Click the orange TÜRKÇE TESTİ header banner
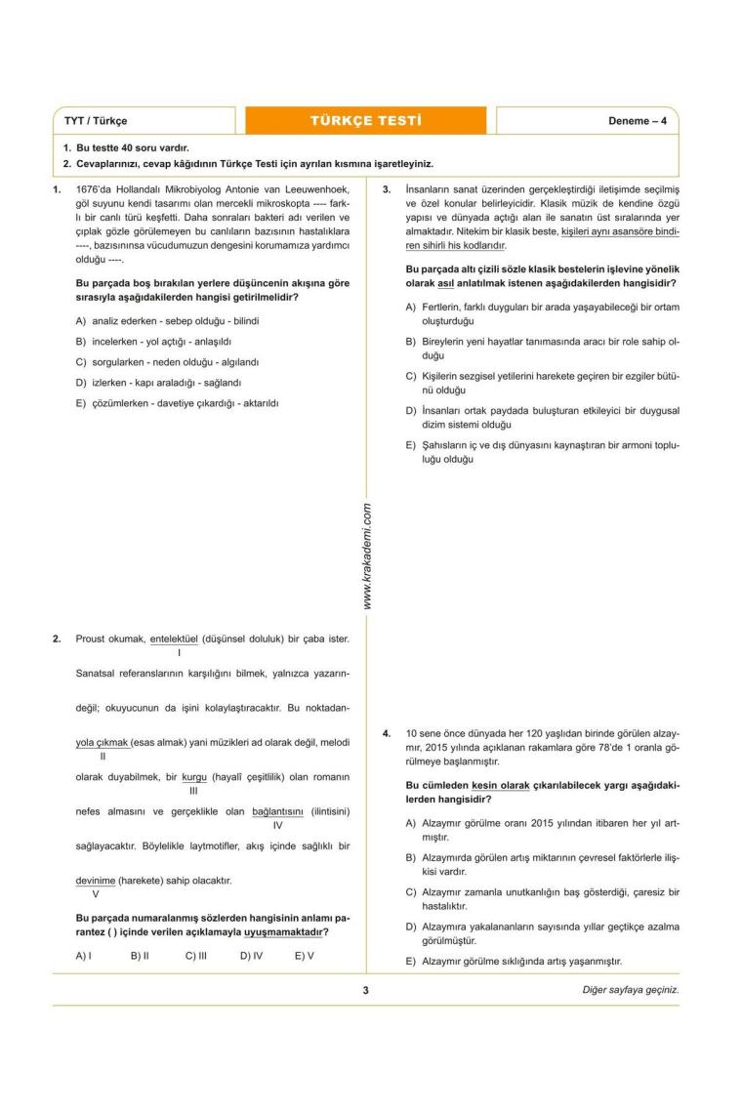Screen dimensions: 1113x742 tap(366, 121)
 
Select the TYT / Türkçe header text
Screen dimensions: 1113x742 tap(96, 121)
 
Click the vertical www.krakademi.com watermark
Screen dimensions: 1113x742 tap(367, 556)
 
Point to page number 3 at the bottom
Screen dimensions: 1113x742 tap(365, 990)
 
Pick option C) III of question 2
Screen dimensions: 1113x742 tap(195, 956)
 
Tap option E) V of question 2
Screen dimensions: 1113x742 tap(304, 956)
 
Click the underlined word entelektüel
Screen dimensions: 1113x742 tap(174, 639)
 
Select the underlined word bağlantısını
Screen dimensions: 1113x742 tap(278, 811)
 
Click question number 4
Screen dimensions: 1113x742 tap(387, 731)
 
